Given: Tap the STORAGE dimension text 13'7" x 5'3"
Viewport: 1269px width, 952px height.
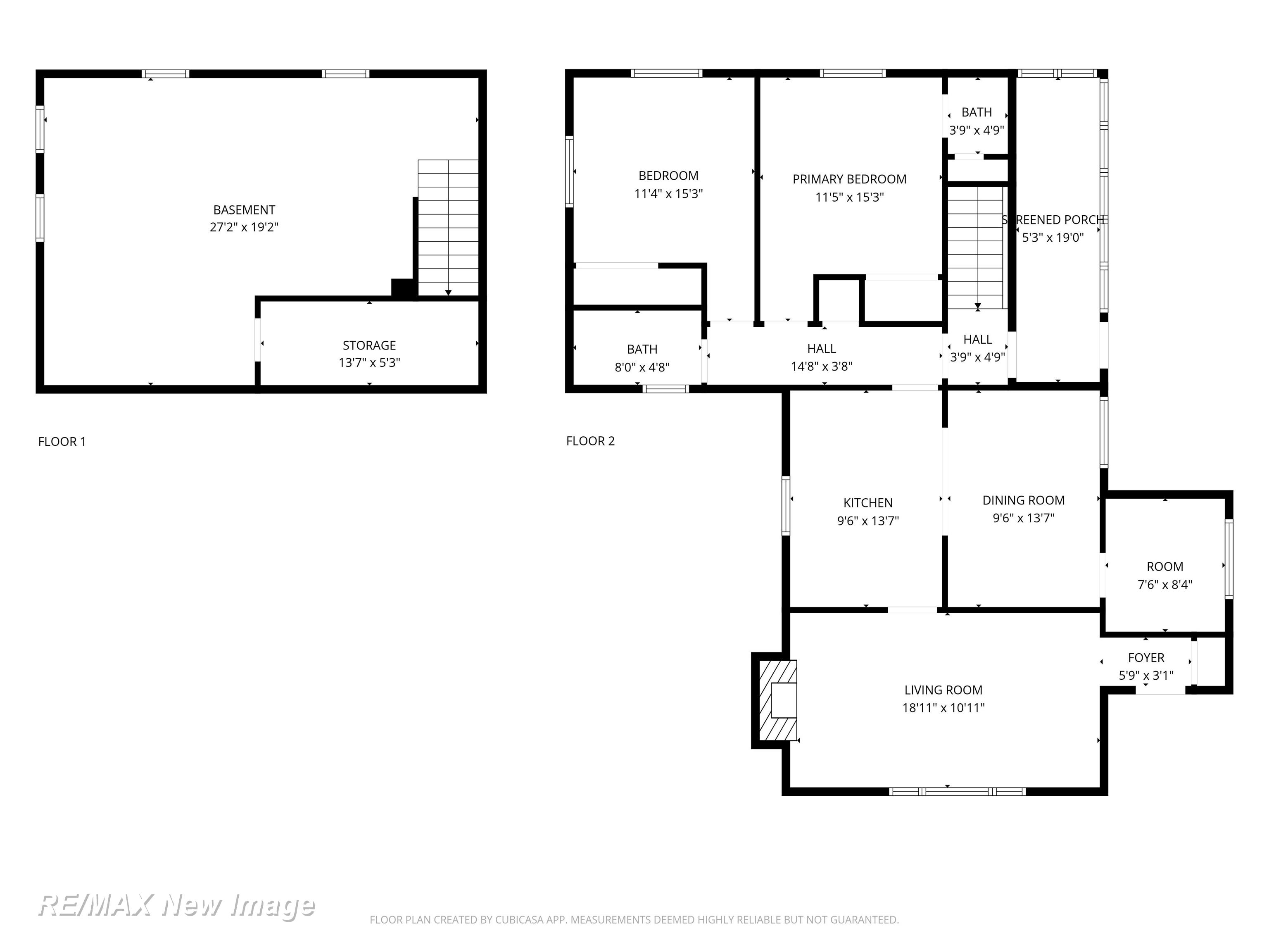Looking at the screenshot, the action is point(369,363).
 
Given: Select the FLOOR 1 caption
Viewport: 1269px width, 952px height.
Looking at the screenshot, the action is point(62,441).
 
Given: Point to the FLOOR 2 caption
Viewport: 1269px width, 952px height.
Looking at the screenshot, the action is point(590,441).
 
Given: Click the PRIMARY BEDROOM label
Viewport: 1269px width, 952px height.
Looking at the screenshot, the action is point(850,179).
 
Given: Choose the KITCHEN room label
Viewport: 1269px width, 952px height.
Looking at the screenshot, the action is point(868,503).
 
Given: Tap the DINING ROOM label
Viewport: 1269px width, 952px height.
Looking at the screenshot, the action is point(1024,500).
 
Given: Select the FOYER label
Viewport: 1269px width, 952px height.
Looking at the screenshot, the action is point(1146,658).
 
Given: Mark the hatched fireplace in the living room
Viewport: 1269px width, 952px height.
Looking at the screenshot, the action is point(778,700).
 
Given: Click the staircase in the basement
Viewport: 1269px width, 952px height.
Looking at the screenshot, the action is point(448,228).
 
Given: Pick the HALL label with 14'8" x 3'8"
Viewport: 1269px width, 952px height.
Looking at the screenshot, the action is point(822,348).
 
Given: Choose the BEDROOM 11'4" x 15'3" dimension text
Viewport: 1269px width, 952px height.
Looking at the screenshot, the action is point(668,194).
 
